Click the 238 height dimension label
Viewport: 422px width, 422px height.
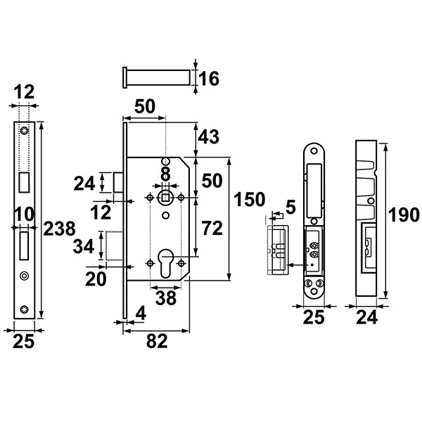click(59, 229)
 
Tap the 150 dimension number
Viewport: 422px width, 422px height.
click(250, 200)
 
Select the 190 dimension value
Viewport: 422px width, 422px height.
click(404, 215)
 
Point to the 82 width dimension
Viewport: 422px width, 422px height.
click(157, 341)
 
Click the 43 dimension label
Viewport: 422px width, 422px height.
click(209, 137)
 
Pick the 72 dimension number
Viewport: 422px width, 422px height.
click(212, 228)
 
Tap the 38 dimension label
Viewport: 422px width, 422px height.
click(166, 298)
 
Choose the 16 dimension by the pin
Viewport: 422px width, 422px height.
click(209, 79)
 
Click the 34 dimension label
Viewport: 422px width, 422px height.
click(84, 246)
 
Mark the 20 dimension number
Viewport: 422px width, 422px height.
click(96, 279)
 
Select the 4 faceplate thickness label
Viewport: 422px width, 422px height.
click(141, 314)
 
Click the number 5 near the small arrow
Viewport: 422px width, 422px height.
click(290, 207)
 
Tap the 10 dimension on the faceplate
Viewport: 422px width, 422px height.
click(24, 215)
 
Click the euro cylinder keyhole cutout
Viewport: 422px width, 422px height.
click(166, 263)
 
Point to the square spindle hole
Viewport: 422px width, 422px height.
click(165, 198)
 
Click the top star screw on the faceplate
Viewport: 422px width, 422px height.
click(25, 131)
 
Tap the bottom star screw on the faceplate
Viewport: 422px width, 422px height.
click(25, 309)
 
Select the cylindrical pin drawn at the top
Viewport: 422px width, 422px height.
click(156, 77)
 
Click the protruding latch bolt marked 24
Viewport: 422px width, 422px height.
click(118, 182)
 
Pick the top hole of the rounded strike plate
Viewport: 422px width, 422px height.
click(314, 151)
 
